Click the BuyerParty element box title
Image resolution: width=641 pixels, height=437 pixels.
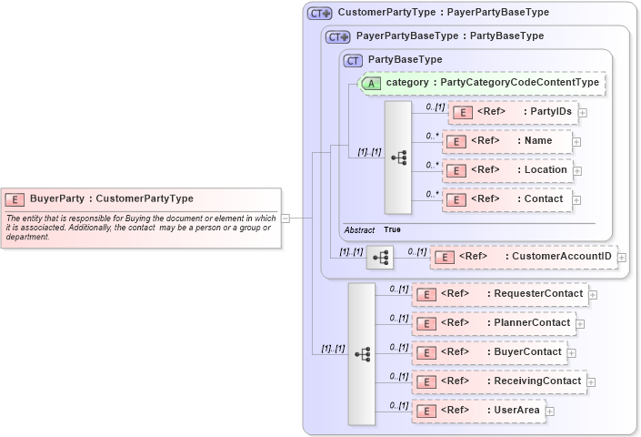pos(111,198)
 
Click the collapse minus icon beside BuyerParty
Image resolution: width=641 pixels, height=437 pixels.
pos(285,218)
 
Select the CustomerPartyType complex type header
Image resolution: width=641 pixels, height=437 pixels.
pos(443,13)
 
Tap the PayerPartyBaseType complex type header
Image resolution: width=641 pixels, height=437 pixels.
pos(449,36)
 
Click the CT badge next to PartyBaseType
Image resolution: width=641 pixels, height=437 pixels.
pos(353,60)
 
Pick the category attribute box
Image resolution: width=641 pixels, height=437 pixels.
pos(482,83)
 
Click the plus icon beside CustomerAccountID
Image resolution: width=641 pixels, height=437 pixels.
pos(622,258)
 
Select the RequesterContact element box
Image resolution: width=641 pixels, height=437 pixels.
pos(499,293)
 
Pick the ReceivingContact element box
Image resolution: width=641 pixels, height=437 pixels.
pos(499,381)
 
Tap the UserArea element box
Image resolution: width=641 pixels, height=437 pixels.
pos(477,411)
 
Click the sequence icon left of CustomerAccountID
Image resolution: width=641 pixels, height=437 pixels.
pos(380,259)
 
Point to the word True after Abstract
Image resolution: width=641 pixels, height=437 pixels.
pos(392,230)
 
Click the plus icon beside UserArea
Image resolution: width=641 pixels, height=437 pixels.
pos(549,411)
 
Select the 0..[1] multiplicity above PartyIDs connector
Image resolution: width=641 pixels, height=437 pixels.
pos(436,106)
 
